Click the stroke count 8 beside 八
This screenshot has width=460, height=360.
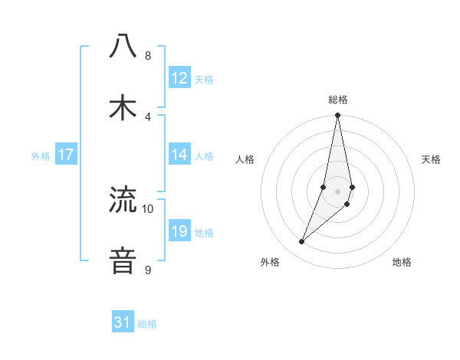[x=148, y=56]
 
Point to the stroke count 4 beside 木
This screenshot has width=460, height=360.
[x=148, y=116]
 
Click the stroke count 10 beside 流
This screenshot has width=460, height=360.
[x=148, y=209]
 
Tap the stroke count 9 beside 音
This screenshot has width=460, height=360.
[x=148, y=270]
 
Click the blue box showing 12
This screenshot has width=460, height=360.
[x=179, y=78]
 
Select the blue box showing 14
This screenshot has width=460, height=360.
[x=179, y=155]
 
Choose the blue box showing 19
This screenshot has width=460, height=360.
[x=179, y=231]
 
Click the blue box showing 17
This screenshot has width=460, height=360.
[x=66, y=155]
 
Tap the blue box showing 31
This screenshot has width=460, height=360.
[x=123, y=323]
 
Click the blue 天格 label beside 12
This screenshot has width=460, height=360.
[x=204, y=80]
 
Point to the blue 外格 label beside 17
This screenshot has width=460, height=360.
[x=41, y=156]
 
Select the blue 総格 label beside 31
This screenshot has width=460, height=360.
[x=147, y=325]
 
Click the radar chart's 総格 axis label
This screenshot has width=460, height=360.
[x=338, y=100]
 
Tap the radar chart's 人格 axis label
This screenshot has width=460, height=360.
[x=245, y=159]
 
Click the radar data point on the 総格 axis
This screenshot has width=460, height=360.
[x=338, y=116]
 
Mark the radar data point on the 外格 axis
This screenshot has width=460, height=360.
[x=302, y=242]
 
